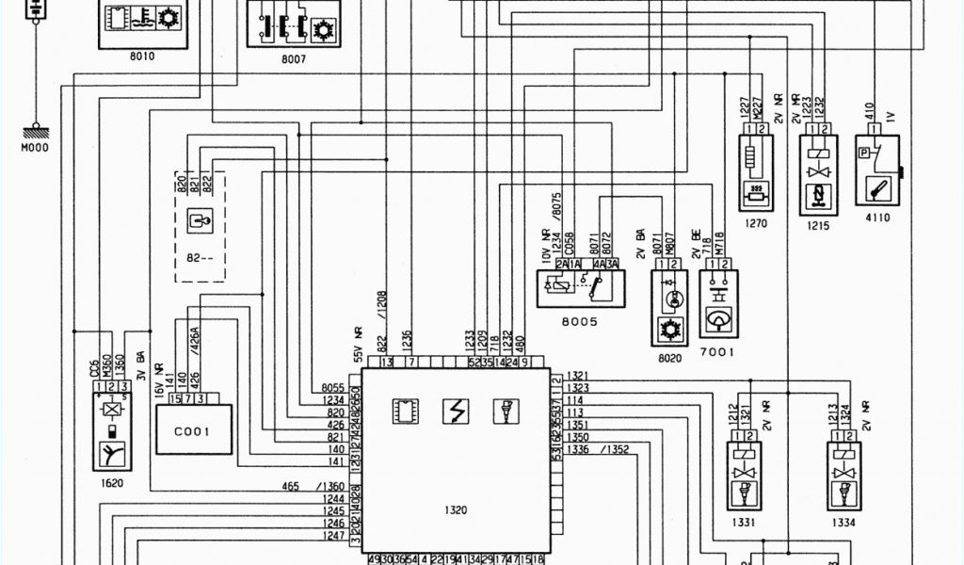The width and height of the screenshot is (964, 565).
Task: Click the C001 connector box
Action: (x=193, y=431)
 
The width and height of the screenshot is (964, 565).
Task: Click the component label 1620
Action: (x=112, y=483)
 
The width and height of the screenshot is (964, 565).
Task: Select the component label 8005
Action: (x=578, y=321)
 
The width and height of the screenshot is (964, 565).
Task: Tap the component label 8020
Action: (x=669, y=358)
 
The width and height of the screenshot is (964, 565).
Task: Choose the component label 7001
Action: (x=718, y=352)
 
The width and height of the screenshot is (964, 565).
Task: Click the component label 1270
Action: (x=755, y=224)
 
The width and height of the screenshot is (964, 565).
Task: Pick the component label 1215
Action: (x=817, y=226)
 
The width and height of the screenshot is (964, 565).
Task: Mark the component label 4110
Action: (x=876, y=218)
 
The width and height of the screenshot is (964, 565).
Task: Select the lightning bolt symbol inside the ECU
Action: (x=455, y=412)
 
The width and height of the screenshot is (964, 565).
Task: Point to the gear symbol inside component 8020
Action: (x=669, y=330)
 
